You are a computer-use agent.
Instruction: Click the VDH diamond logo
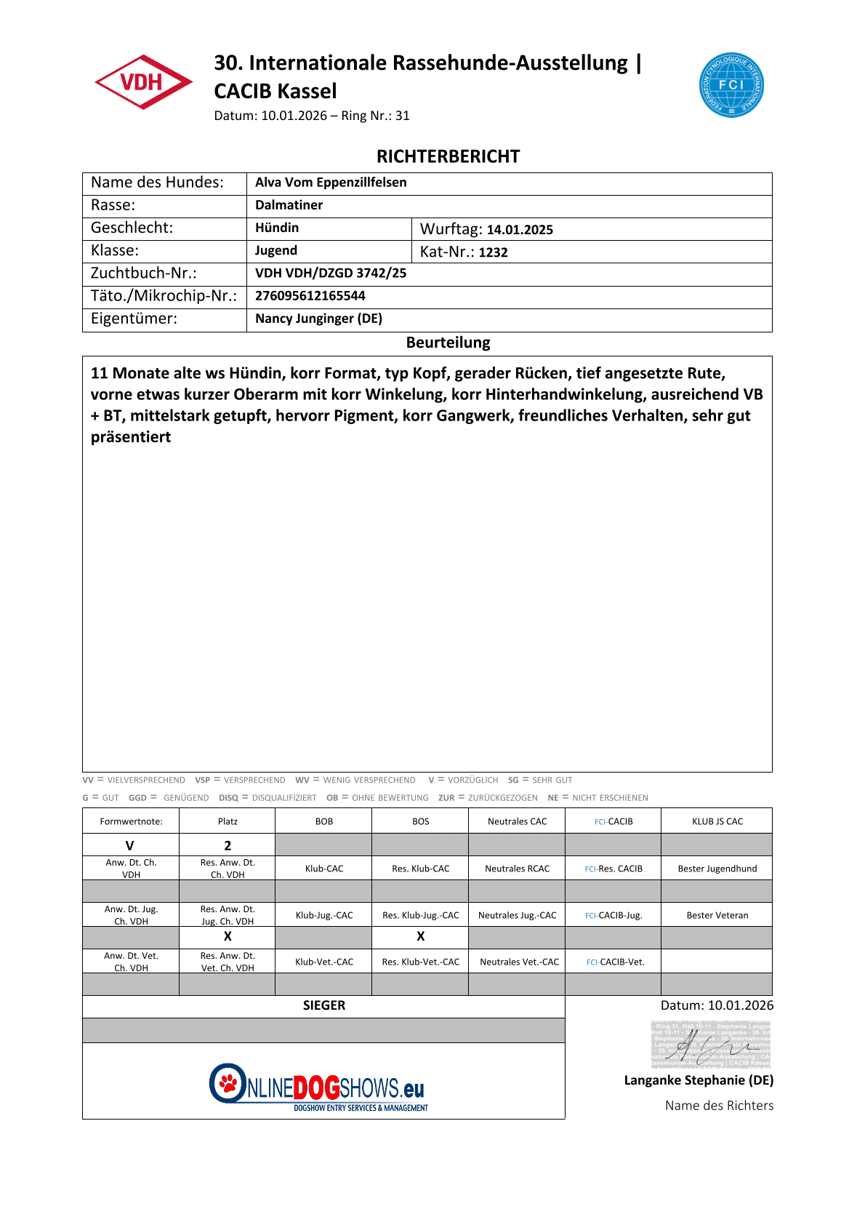point(143,82)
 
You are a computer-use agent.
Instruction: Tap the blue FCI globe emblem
point(731,85)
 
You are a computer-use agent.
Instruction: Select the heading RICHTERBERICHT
point(448,156)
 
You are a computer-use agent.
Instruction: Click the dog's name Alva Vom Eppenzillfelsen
point(331,183)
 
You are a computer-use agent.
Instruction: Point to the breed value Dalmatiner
point(289,205)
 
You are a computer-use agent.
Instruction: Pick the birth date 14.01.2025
point(520,230)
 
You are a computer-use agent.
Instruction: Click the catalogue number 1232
point(493,252)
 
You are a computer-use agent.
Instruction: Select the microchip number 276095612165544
point(310,296)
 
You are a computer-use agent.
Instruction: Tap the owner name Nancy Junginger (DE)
point(318,319)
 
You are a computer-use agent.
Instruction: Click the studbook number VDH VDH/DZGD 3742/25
point(331,274)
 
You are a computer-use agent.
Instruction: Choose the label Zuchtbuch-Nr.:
point(144,274)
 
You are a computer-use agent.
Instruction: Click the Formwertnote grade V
point(130,845)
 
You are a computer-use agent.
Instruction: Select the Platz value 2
point(228,845)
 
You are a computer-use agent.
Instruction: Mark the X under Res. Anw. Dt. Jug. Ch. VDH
point(228,936)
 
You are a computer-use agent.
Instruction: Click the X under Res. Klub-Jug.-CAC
point(420,936)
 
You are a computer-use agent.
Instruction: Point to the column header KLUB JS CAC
point(717,821)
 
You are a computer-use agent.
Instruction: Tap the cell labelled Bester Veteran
point(717,915)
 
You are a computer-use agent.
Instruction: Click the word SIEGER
point(324,1005)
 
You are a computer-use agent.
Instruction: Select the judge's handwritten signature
point(710,1045)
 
